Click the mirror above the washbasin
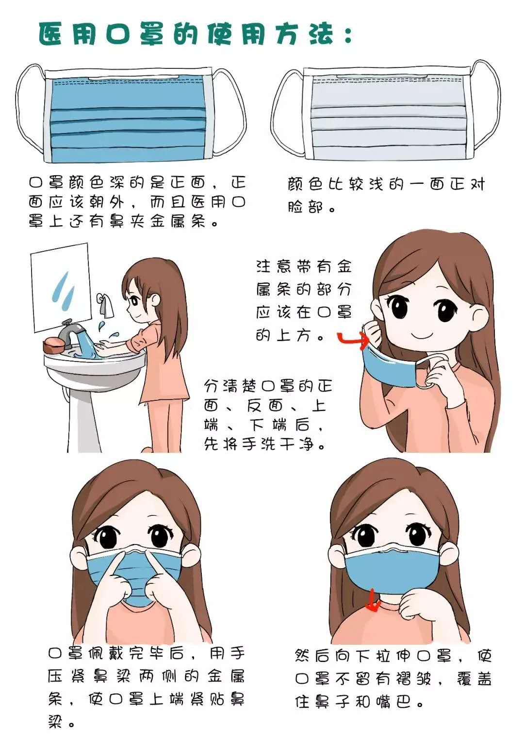61,286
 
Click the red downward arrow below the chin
373,602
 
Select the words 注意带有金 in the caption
303,267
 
